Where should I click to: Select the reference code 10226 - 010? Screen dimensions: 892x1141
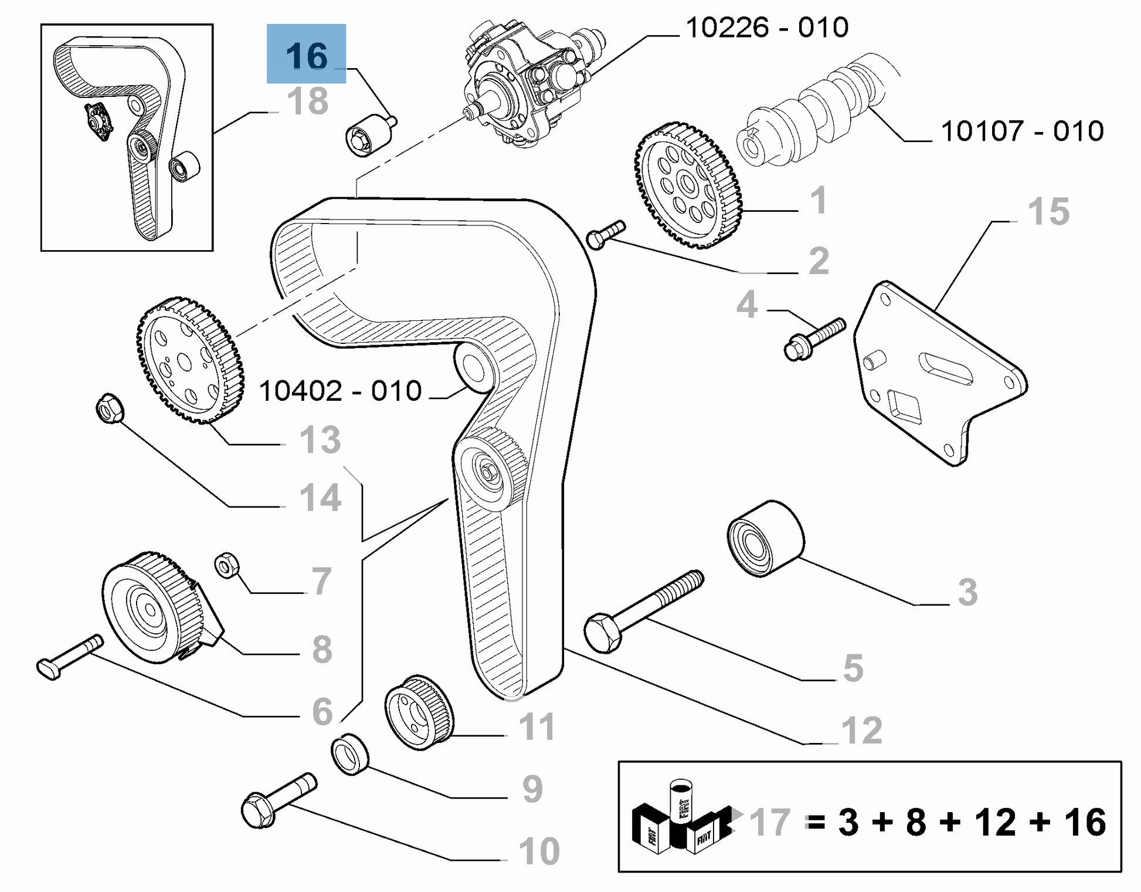(767, 28)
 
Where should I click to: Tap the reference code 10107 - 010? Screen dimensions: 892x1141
(1022, 131)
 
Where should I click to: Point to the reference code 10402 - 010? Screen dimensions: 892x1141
(340, 391)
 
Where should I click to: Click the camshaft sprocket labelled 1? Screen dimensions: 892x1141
(688, 184)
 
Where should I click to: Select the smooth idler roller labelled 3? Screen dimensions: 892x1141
(765, 538)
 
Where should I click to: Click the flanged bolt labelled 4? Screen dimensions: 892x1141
(814, 339)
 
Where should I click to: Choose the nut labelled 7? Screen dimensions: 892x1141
(227, 564)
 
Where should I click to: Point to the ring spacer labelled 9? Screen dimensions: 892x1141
(350, 754)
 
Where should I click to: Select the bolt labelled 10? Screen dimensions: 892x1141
(279, 800)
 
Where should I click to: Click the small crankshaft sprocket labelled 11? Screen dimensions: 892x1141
(419, 712)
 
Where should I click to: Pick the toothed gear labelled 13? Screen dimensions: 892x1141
(189, 360)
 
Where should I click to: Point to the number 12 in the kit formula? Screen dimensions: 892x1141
(995, 822)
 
